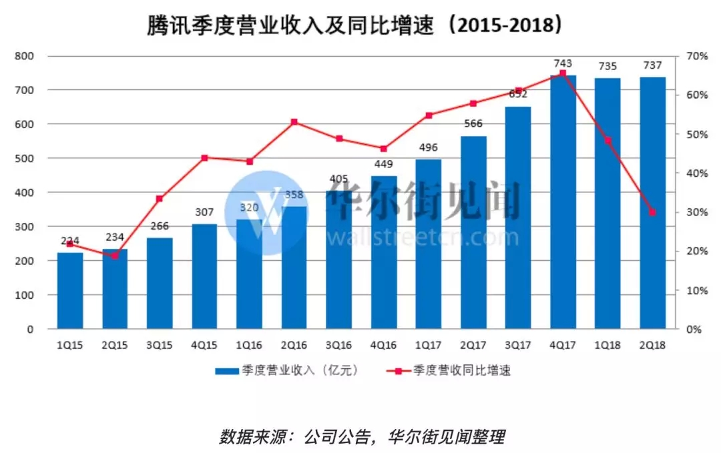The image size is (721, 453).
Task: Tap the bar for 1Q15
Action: pyautogui.click(x=70, y=291)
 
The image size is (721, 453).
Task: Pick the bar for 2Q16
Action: pyautogui.click(x=294, y=268)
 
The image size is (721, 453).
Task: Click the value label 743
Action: pyautogui.click(x=563, y=63)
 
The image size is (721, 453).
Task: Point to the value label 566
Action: pyautogui.click(x=473, y=123)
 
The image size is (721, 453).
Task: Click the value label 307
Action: pyautogui.click(x=204, y=212)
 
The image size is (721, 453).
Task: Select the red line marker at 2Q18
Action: pyautogui.click(x=652, y=212)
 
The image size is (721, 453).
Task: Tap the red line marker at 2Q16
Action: pyautogui.click(x=294, y=122)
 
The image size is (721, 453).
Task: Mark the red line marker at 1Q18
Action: pyautogui.click(x=608, y=140)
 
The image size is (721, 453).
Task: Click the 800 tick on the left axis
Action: pyautogui.click(x=25, y=56)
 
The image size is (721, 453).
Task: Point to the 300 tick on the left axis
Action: pyautogui.click(x=25, y=227)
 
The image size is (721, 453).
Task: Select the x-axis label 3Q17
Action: pyautogui.click(x=518, y=346)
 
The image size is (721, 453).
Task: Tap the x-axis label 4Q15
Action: pyautogui.click(x=204, y=346)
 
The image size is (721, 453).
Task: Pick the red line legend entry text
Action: pyautogui.click(x=461, y=371)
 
